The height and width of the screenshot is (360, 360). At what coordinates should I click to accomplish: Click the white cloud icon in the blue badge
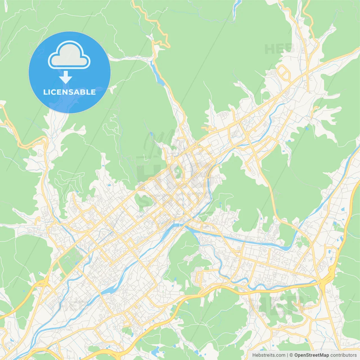[x=69, y=55]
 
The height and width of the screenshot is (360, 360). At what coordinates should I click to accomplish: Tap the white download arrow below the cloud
[x=66, y=77]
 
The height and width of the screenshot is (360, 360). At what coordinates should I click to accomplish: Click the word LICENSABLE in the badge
[x=69, y=92]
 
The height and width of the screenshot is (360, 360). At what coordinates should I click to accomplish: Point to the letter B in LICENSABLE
[x=83, y=92]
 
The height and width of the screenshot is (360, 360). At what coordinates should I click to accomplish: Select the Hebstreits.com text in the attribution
[x=269, y=355]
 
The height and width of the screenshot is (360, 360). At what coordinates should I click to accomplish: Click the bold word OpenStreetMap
[x=312, y=355]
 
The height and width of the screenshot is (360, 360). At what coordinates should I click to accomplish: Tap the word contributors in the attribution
[x=343, y=355]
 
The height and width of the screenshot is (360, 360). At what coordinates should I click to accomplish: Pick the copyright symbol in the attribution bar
[x=291, y=355]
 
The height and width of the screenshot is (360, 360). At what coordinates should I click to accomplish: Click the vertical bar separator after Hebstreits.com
[x=287, y=355]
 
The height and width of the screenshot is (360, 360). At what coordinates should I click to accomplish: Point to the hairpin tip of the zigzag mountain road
[x=169, y=45]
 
